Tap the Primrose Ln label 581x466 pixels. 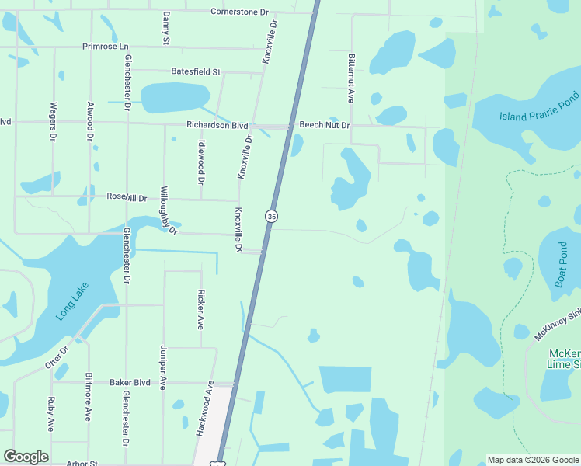click(106, 47)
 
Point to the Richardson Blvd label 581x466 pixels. click(217, 125)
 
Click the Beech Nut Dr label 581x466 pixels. click(325, 125)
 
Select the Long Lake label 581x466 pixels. click(73, 301)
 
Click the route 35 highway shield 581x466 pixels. click(271, 217)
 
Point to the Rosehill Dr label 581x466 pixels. click(127, 198)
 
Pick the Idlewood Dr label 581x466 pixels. click(200, 161)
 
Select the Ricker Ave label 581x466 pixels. click(200, 310)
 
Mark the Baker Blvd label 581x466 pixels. click(130, 382)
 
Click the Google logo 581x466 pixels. click(26, 457)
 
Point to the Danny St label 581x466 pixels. click(165, 27)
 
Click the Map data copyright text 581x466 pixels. click(533, 460)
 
